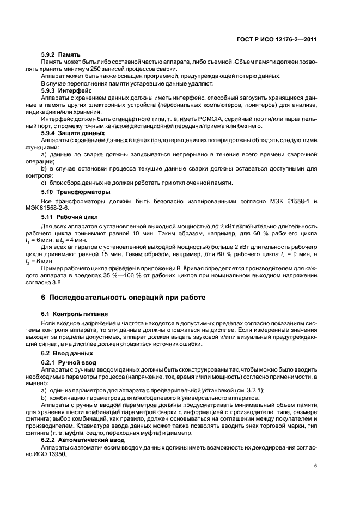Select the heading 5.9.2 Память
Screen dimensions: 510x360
[x=54, y=55]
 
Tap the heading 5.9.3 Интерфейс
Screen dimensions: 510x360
[x=58, y=90]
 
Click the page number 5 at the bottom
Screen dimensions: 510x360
[x=315, y=466]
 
